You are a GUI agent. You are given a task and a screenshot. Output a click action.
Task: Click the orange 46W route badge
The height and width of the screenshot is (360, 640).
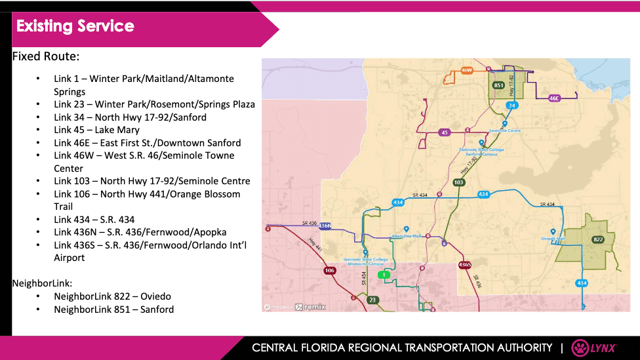pos(467,70)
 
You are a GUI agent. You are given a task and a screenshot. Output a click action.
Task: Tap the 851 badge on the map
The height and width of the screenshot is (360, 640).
pos(498,85)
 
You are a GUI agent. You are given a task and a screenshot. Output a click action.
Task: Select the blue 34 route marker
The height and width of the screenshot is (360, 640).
pos(512,105)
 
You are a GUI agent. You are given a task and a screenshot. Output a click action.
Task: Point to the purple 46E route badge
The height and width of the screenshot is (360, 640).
pos(554,98)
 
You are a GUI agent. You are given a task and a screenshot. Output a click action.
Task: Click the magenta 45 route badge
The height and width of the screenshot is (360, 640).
pos(445,132)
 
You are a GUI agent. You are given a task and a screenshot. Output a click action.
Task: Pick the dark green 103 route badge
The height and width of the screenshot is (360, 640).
pos(459,182)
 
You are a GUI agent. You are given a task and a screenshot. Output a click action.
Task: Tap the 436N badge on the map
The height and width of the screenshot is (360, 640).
pos(325,226)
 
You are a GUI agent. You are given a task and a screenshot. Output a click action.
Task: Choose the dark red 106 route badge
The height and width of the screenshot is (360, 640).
pos(329,270)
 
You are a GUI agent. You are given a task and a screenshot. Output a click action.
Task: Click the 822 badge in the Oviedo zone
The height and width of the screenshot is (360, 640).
pos(597,239)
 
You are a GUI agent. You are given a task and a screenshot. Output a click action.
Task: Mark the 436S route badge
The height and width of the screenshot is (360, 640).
pos(464,265)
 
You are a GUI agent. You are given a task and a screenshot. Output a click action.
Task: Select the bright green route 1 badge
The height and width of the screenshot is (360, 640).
pos(385,274)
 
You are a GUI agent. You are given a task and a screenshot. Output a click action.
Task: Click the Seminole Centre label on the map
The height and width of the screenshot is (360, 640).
pos(505,130)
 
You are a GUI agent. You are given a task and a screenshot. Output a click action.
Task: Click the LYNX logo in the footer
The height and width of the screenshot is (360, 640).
pos(593,348)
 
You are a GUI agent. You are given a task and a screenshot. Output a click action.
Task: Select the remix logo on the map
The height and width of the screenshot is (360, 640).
pos(308,306)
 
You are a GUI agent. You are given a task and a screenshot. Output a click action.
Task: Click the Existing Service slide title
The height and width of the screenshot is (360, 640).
pos(75,26)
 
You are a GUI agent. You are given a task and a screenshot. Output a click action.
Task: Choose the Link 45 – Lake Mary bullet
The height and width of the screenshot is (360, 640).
pos(96,130)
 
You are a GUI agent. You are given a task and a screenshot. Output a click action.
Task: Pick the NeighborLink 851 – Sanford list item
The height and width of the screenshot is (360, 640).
pos(113,309)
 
